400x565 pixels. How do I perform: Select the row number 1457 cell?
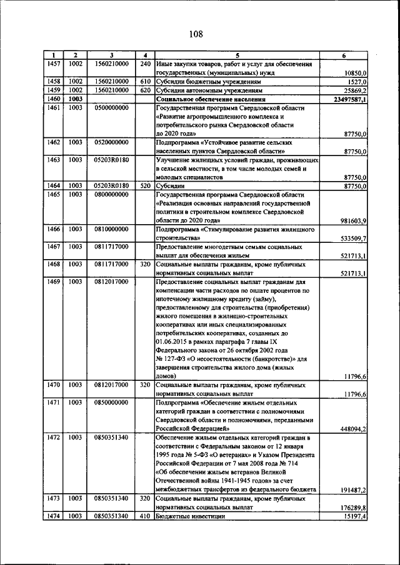53,64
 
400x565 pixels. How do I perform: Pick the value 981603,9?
354,221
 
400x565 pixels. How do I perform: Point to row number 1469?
53,282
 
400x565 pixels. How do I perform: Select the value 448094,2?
354,429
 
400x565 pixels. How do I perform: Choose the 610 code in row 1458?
145,81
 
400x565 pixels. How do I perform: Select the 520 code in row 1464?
145,185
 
